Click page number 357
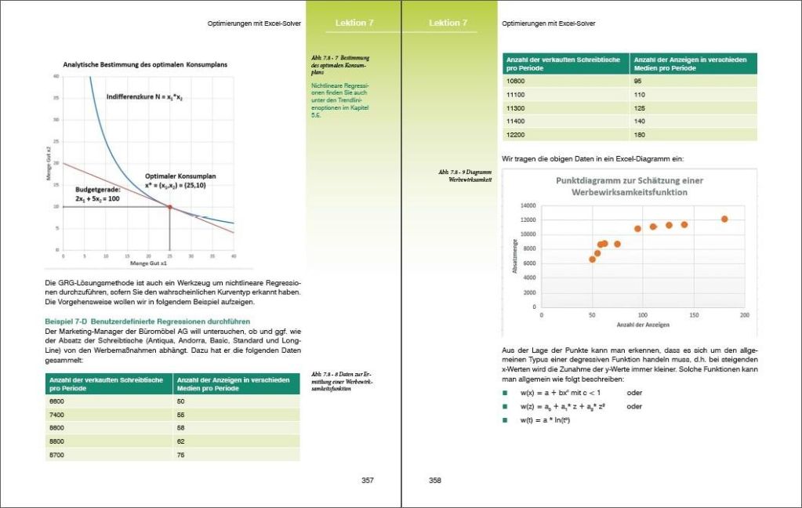click(367, 481)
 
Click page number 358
click(435, 481)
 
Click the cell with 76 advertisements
click(181, 455)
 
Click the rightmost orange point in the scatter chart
click(724, 220)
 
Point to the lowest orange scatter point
click(593, 259)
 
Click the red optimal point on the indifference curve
click(170, 207)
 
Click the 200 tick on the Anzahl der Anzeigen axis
click(744, 315)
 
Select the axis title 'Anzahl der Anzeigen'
click(643, 325)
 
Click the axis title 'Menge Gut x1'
click(148, 264)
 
